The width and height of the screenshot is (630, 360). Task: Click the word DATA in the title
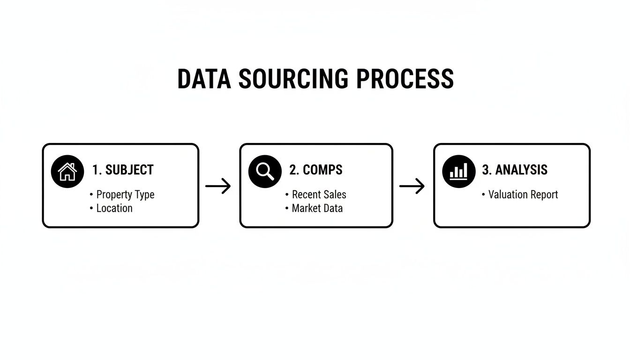pos(204,79)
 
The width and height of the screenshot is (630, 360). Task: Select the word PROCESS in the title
pos(405,79)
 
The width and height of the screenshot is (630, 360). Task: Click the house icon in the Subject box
pos(67,172)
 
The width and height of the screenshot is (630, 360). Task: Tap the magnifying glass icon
pos(265,172)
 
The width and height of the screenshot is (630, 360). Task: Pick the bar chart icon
pos(459,172)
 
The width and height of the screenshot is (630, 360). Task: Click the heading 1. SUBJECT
pos(123,170)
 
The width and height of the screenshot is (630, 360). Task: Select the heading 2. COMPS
pos(316,170)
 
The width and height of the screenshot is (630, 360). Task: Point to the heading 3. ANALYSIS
pos(515,170)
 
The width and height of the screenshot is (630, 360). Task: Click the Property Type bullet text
pos(125,195)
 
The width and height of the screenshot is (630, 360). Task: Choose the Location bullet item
pos(114,208)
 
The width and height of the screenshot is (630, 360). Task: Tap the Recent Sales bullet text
pos(319,195)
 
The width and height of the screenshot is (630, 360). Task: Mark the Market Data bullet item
pos(317,208)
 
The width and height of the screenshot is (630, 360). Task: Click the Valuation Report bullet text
pos(523,195)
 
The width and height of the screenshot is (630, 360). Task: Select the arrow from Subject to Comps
pos(218,186)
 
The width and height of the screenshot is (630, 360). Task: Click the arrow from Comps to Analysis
pos(412,186)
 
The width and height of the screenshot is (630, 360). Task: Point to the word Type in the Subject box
pos(144,195)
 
